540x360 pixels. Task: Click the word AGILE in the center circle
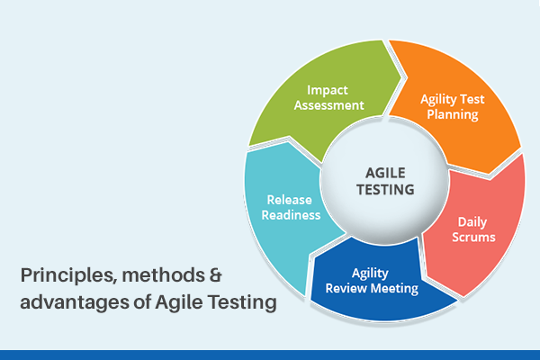click(x=383, y=171)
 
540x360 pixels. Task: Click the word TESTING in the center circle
click(x=383, y=190)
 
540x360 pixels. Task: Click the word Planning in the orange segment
click(x=452, y=115)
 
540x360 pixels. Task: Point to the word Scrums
click(x=472, y=236)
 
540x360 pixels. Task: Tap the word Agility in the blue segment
click(x=371, y=273)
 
